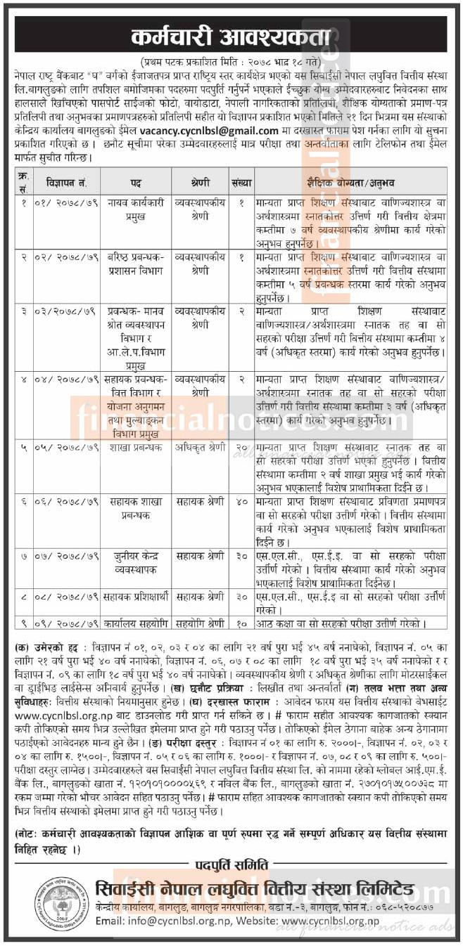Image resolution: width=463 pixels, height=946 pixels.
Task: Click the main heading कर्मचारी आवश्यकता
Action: pyautogui.click(x=231, y=34)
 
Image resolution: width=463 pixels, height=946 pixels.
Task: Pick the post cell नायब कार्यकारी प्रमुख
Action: pyautogui.click(x=136, y=210)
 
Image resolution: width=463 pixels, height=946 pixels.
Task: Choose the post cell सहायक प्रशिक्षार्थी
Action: pyautogui.click(x=136, y=597)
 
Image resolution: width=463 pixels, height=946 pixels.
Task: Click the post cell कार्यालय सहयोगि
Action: pyautogui.click(x=136, y=623)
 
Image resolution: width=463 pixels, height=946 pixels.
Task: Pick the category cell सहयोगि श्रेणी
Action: pyautogui.click(x=199, y=623)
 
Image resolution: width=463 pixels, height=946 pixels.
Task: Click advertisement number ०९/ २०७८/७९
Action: pyautogui.click(x=63, y=623)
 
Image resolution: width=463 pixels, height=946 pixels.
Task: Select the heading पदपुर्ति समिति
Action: pyautogui.click(x=231, y=864)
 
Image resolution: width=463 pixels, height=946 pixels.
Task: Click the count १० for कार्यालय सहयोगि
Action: pyautogui.click(x=241, y=623)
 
